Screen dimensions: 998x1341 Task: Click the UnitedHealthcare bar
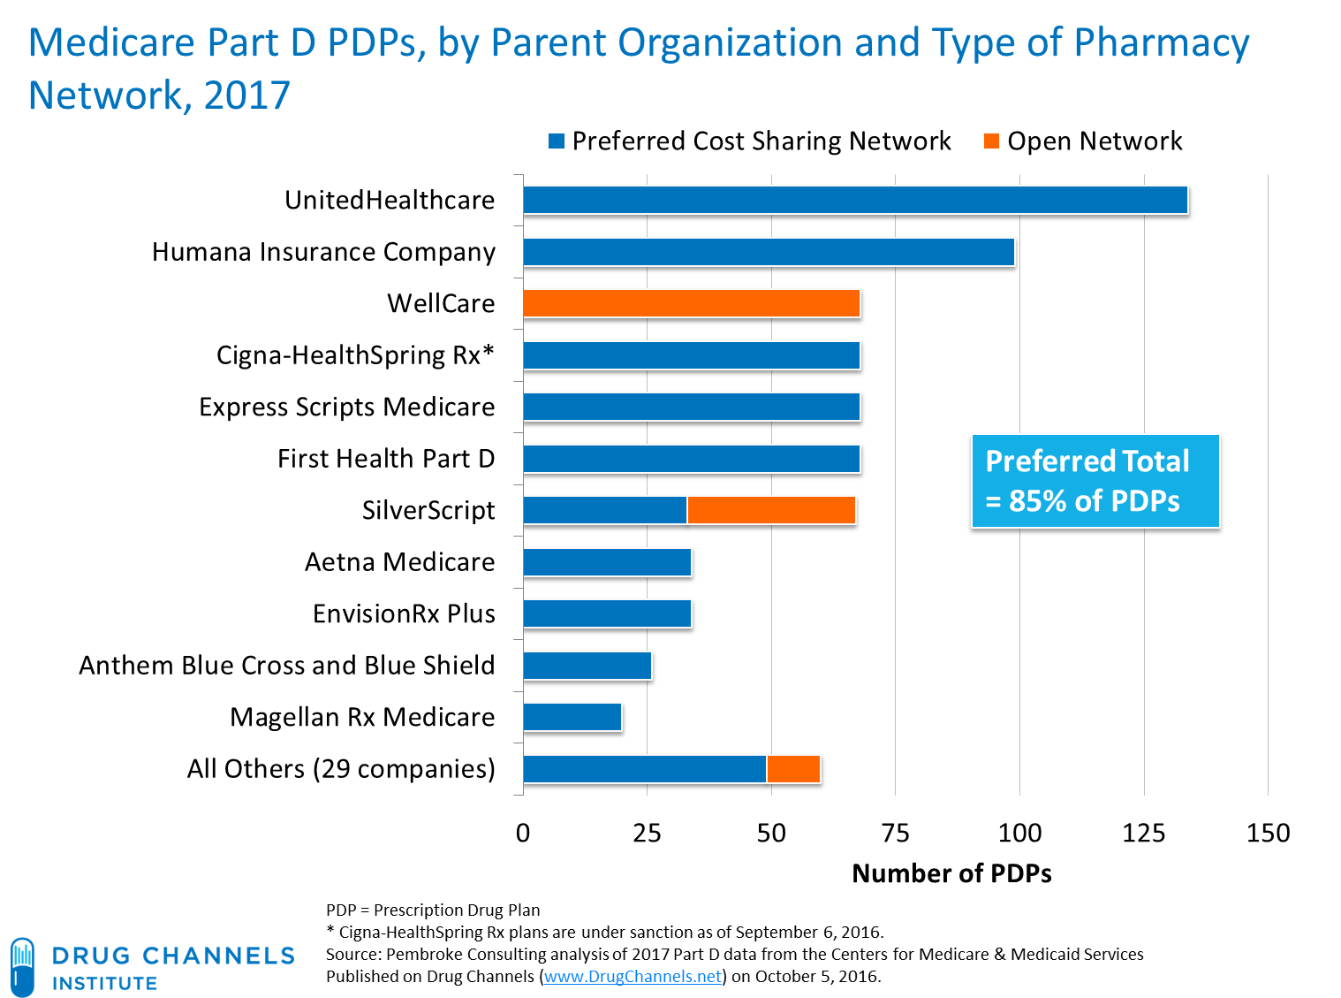(x=855, y=201)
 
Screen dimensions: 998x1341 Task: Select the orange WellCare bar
(x=692, y=304)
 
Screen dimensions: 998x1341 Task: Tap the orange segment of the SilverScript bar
(x=771, y=510)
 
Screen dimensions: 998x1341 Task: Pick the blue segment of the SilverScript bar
(x=605, y=510)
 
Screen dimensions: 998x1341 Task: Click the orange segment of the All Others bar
(x=793, y=769)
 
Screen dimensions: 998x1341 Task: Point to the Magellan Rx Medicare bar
(x=572, y=717)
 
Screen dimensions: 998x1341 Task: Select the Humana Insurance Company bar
(x=769, y=252)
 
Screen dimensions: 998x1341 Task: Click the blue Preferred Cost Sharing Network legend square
(x=557, y=141)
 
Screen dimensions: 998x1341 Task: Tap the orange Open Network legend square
(x=991, y=141)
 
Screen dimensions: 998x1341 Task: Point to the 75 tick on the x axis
(x=895, y=833)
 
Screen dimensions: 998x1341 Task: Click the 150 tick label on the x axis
(x=1268, y=833)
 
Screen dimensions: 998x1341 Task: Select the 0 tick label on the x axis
(x=523, y=833)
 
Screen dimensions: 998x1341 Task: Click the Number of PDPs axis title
(x=951, y=873)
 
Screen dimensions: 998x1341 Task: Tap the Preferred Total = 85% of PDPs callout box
(x=1095, y=482)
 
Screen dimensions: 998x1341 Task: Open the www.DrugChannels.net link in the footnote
(x=633, y=977)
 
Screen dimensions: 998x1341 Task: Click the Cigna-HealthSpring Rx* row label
(x=355, y=355)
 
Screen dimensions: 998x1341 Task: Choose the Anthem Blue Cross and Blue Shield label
(x=286, y=666)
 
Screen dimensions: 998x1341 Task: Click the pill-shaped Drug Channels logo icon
(x=22, y=966)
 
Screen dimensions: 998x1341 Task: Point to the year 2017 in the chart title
(x=246, y=95)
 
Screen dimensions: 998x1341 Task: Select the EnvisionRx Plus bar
(x=608, y=613)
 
